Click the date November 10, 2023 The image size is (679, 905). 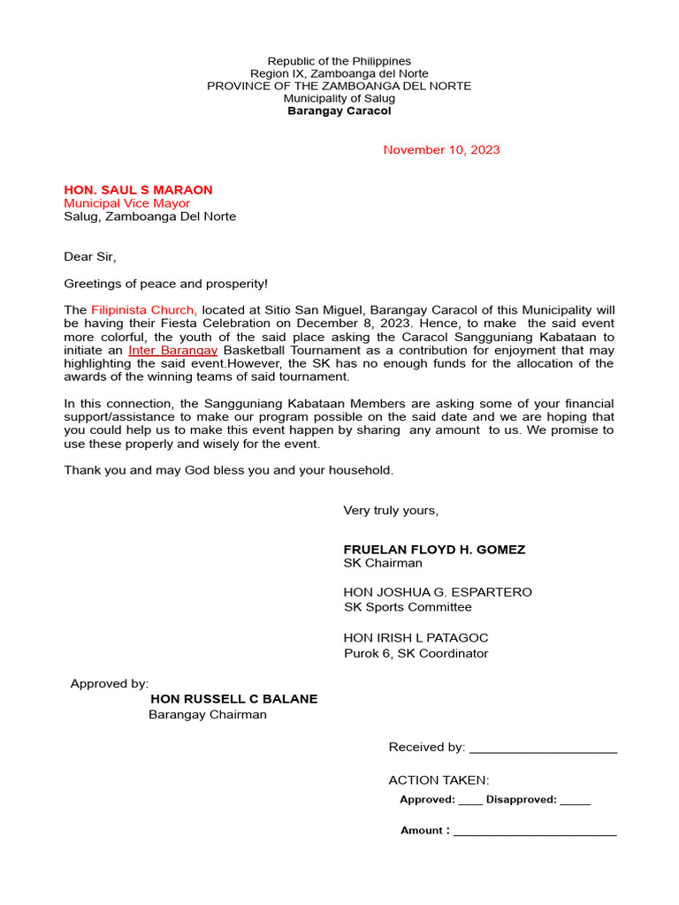[x=441, y=149]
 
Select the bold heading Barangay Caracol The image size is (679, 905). [x=339, y=111]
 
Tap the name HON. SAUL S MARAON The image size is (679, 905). [x=138, y=190]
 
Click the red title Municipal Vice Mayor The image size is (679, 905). [x=126, y=203]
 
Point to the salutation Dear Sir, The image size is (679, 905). [x=89, y=257]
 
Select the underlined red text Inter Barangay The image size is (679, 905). [x=172, y=350]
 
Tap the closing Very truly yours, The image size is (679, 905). [x=391, y=511]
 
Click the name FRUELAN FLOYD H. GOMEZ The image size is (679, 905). [x=434, y=550]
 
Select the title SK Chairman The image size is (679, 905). [x=382, y=563]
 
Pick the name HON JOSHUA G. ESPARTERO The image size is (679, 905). [x=438, y=592]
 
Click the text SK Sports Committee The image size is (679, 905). [x=408, y=607]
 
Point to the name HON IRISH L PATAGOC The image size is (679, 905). [x=416, y=638]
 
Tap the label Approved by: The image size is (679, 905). [x=110, y=683]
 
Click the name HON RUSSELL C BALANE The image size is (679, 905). [x=234, y=699]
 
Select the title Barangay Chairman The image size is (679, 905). [x=207, y=714]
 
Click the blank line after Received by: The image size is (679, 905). [x=543, y=749]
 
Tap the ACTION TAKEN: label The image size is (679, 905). [x=439, y=780]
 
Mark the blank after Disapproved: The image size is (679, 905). [x=575, y=802]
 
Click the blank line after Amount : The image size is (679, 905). [x=535, y=833]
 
